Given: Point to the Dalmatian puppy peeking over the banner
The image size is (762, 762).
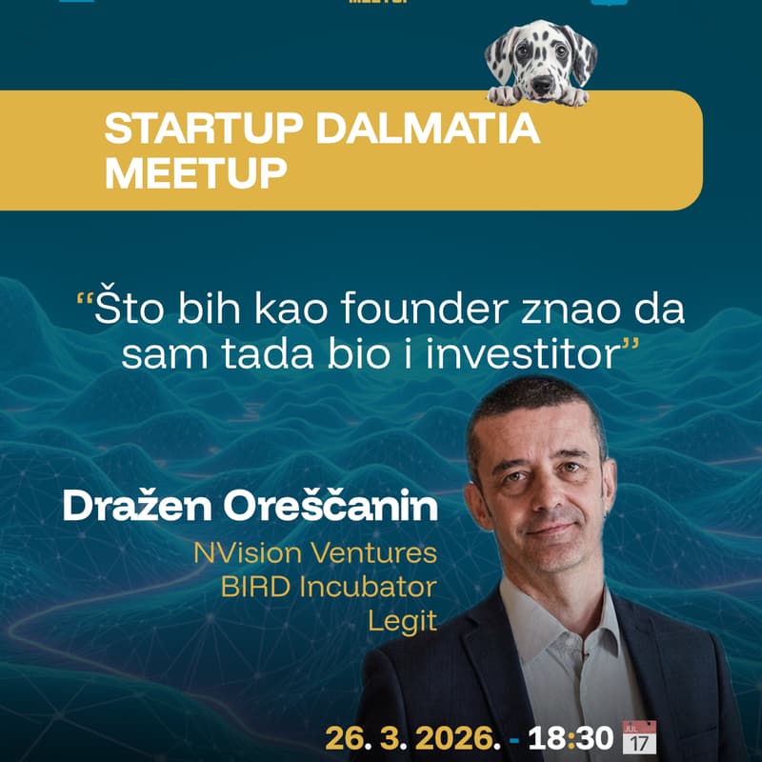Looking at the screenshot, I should point(540,62).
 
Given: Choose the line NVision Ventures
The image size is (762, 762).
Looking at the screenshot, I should point(314,552).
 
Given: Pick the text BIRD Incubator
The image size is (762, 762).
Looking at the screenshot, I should point(328,587).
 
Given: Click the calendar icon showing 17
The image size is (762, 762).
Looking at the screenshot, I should point(639,737).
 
